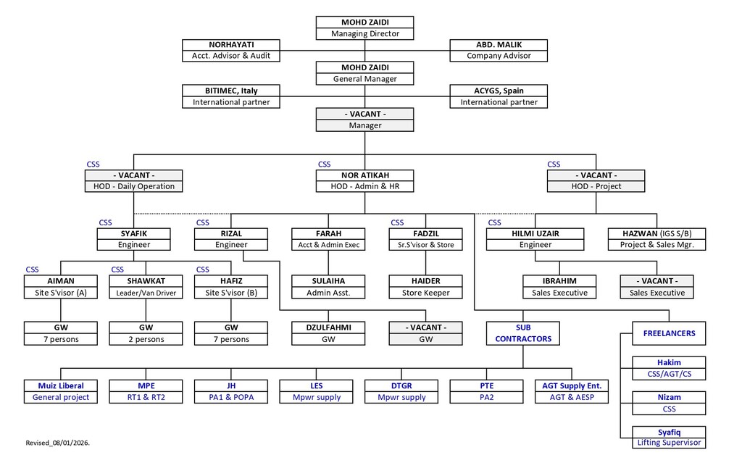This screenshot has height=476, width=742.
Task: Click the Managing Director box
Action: click(364, 28)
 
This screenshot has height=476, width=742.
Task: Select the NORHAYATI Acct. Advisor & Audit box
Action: click(230, 50)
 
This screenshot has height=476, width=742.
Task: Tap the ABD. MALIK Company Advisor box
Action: click(499, 50)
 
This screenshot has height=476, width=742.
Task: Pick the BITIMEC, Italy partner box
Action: click(230, 96)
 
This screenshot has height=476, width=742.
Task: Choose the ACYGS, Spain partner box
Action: click(499, 96)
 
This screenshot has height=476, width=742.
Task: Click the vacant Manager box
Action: click(364, 120)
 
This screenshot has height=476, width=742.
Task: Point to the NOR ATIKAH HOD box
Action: click(364, 180)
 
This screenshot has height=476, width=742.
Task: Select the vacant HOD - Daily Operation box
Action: click(133, 180)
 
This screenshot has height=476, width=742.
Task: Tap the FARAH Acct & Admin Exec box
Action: click(328, 239)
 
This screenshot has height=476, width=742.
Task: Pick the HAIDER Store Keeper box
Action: click(425, 287)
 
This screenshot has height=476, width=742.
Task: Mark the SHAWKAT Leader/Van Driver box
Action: click(146, 287)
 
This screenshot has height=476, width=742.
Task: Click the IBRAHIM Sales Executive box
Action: click(559, 287)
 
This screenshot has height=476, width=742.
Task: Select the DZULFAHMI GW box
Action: click(328, 333)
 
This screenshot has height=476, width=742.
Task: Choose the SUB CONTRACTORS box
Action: click(523, 333)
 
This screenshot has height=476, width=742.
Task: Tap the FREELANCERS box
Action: click(668, 333)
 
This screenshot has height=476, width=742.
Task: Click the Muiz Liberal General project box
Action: click(61, 391)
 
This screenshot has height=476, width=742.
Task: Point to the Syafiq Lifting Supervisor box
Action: click(668, 437)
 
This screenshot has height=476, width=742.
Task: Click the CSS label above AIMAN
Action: click(32, 270)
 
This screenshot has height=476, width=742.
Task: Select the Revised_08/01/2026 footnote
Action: click(57, 441)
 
